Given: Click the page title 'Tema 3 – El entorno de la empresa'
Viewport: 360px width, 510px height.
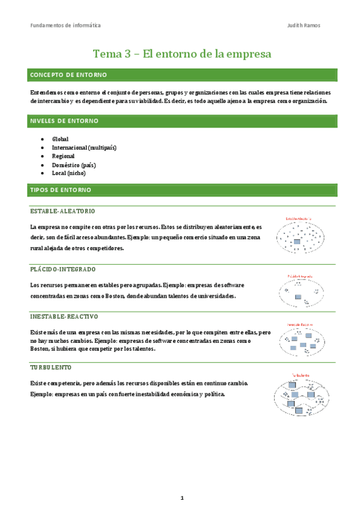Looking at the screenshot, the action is coord(182,54).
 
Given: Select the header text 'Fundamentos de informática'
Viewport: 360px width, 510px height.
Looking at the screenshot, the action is coord(66,25).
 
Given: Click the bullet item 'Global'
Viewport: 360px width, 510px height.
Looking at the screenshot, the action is coord(60,139).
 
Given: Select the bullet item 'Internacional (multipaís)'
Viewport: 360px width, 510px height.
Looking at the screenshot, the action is coord(84,147).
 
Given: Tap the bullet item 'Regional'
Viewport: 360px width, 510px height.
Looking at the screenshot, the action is coord(64,156).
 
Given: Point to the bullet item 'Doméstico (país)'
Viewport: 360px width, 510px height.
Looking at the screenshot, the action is coord(74,164).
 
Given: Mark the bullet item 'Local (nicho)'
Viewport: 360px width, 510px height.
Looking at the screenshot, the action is coord(69,173).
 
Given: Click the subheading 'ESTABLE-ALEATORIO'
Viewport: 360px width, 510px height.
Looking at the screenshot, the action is coord(63,212).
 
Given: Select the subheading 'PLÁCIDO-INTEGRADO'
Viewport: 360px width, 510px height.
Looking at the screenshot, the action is coord(63,269).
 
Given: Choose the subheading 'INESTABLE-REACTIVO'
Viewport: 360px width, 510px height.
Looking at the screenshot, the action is coord(64,316).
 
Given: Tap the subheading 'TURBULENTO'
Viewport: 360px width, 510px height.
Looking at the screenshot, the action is coord(50,367).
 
